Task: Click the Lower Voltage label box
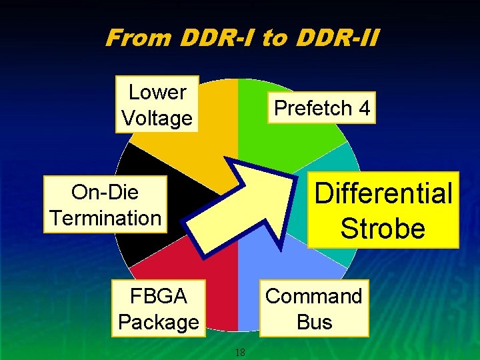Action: (157, 105)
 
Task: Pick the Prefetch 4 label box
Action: (322, 108)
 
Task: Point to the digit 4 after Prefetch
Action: (363, 108)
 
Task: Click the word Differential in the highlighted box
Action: (383, 193)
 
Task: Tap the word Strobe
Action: (383, 228)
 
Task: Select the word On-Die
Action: (105, 192)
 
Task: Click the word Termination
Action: (105, 218)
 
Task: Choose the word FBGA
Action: (158, 295)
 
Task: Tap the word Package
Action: (158, 322)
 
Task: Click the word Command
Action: (314, 295)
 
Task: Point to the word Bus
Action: (314, 322)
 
